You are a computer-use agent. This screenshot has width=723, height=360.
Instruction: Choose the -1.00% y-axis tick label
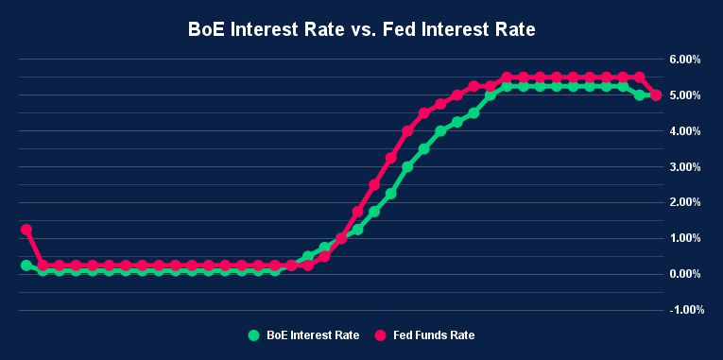tap(680, 309)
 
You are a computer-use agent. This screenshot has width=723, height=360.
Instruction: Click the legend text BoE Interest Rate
tap(313, 334)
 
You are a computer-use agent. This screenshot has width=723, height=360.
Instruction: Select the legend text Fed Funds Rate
tap(435, 334)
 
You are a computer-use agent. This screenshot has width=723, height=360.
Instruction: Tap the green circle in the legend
tap(253, 334)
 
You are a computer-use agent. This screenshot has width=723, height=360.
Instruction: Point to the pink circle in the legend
tap(382, 334)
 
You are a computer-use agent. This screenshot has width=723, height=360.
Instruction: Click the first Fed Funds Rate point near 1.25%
tap(26, 230)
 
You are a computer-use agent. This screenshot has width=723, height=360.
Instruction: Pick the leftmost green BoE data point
tap(26, 266)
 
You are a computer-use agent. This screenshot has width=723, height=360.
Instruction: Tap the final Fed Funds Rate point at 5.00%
tap(656, 95)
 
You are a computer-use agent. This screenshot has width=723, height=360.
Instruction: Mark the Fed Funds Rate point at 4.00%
tap(407, 131)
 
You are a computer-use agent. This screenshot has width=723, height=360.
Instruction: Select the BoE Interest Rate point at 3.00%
tap(407, 167)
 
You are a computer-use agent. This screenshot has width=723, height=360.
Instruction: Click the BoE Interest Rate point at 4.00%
tap(440, 131)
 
